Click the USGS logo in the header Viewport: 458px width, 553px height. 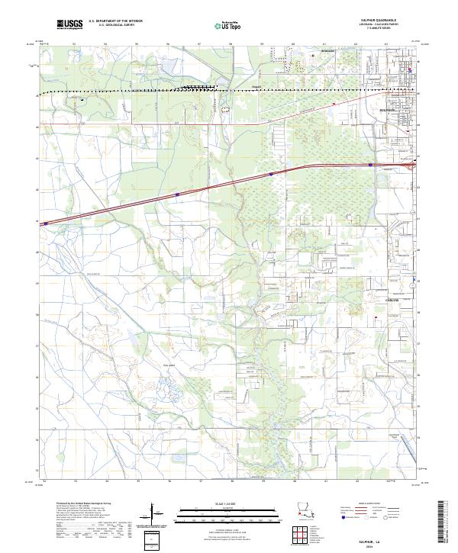click(x=70, y=24)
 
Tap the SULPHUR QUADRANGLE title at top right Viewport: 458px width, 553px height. click(x=393, y=21)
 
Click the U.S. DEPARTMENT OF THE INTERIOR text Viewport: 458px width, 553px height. click(x=115, y=21)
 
